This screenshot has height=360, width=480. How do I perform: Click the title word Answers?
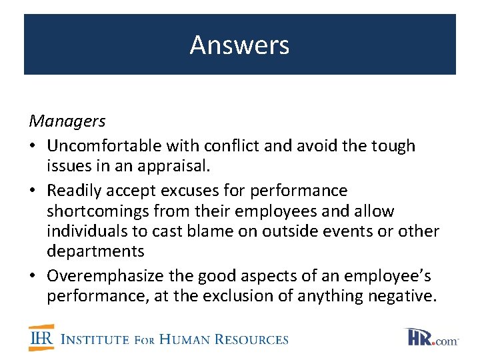coord(239,45)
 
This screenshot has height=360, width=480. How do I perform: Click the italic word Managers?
coord(67,121)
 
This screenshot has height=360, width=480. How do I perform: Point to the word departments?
coord(95,251)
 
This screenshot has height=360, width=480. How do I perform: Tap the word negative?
coord(404,296)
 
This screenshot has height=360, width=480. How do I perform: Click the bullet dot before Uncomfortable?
coord(33,146)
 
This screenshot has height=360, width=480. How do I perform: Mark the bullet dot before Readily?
coord(33,191)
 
